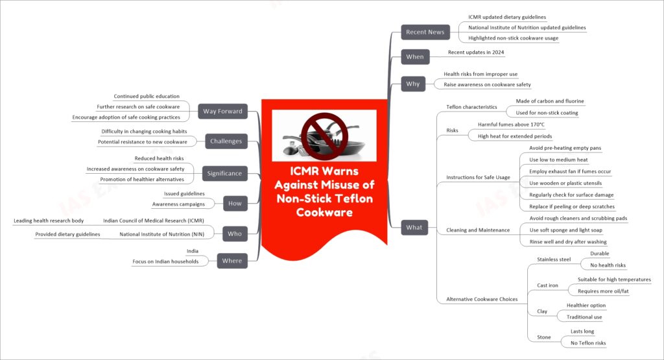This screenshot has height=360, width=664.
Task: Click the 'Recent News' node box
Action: point(425,32)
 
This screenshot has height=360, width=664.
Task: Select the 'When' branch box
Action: point(414,56)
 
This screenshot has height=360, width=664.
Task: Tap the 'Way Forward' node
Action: point(223,112)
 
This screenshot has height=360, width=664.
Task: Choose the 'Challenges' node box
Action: point(226,141)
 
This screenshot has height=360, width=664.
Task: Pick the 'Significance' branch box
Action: point(224,173)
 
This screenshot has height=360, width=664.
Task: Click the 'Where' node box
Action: point(232,261)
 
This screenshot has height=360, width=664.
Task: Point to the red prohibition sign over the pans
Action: point(324,136)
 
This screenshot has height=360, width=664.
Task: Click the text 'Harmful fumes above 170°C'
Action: point(511,125)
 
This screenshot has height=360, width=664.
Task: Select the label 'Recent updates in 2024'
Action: point(476,52)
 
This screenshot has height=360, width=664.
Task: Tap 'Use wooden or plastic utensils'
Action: point(565,183)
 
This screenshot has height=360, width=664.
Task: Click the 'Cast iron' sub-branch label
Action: point(547,285)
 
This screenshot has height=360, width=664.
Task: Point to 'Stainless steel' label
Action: point(554,259)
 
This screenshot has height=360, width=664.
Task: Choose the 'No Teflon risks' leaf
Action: point(588,343)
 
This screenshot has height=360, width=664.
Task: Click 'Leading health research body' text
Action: point(49,221)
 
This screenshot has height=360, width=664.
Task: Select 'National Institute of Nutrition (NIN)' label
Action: point(161,234)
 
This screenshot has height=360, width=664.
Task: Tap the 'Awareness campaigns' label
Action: point(178,204)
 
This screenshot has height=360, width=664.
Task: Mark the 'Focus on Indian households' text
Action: point(165,262)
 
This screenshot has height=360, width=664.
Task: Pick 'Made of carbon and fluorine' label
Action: point(550,101)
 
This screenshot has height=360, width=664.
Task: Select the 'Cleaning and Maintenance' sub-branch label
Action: point(478,230)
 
